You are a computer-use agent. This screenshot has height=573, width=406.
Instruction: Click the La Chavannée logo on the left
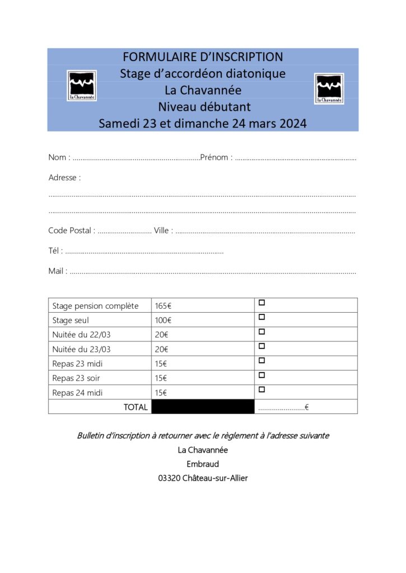pos(82,86)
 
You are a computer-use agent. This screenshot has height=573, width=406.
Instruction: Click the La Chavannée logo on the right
pos(329,88)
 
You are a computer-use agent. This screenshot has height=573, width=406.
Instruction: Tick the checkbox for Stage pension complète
pos(262,303)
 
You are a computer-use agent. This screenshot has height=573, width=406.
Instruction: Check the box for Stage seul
pos(262,317)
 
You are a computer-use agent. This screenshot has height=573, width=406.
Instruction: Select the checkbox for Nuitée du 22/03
pos(262,332)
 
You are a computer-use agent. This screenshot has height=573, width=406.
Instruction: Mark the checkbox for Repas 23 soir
pos(262,375)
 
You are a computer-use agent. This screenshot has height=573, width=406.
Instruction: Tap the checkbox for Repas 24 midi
pos(262,389)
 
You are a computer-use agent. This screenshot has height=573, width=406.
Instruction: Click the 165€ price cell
pos(163,306)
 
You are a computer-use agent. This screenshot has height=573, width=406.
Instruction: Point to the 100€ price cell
pos(163,321)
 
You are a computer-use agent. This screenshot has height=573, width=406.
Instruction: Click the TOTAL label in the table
pos(136,407)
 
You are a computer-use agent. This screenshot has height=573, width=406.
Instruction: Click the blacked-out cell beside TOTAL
pos(203,407)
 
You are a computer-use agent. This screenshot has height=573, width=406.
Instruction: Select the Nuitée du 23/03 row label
pos(82,349)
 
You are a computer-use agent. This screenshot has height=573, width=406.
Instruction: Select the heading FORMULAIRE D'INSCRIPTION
pos(203,57)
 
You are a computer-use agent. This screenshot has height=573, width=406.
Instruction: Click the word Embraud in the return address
pos(203,464)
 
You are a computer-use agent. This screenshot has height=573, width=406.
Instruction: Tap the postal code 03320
pos(169,478)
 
